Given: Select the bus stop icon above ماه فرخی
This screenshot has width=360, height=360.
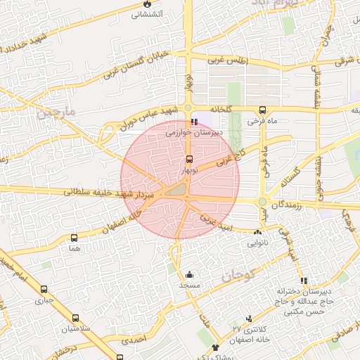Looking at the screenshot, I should point(263,110).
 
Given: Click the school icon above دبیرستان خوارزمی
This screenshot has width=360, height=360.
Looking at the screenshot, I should point(194,121).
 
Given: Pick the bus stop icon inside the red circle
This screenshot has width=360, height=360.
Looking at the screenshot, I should point(189,160).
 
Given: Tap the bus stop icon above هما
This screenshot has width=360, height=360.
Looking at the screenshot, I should point(75,238).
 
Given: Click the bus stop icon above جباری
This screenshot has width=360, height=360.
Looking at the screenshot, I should point(44,288).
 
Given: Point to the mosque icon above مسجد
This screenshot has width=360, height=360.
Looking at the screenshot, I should point(189,274).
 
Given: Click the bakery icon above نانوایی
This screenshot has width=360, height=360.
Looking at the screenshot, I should point(257,231).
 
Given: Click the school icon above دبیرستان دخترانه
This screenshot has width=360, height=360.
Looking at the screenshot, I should point(304,281).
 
